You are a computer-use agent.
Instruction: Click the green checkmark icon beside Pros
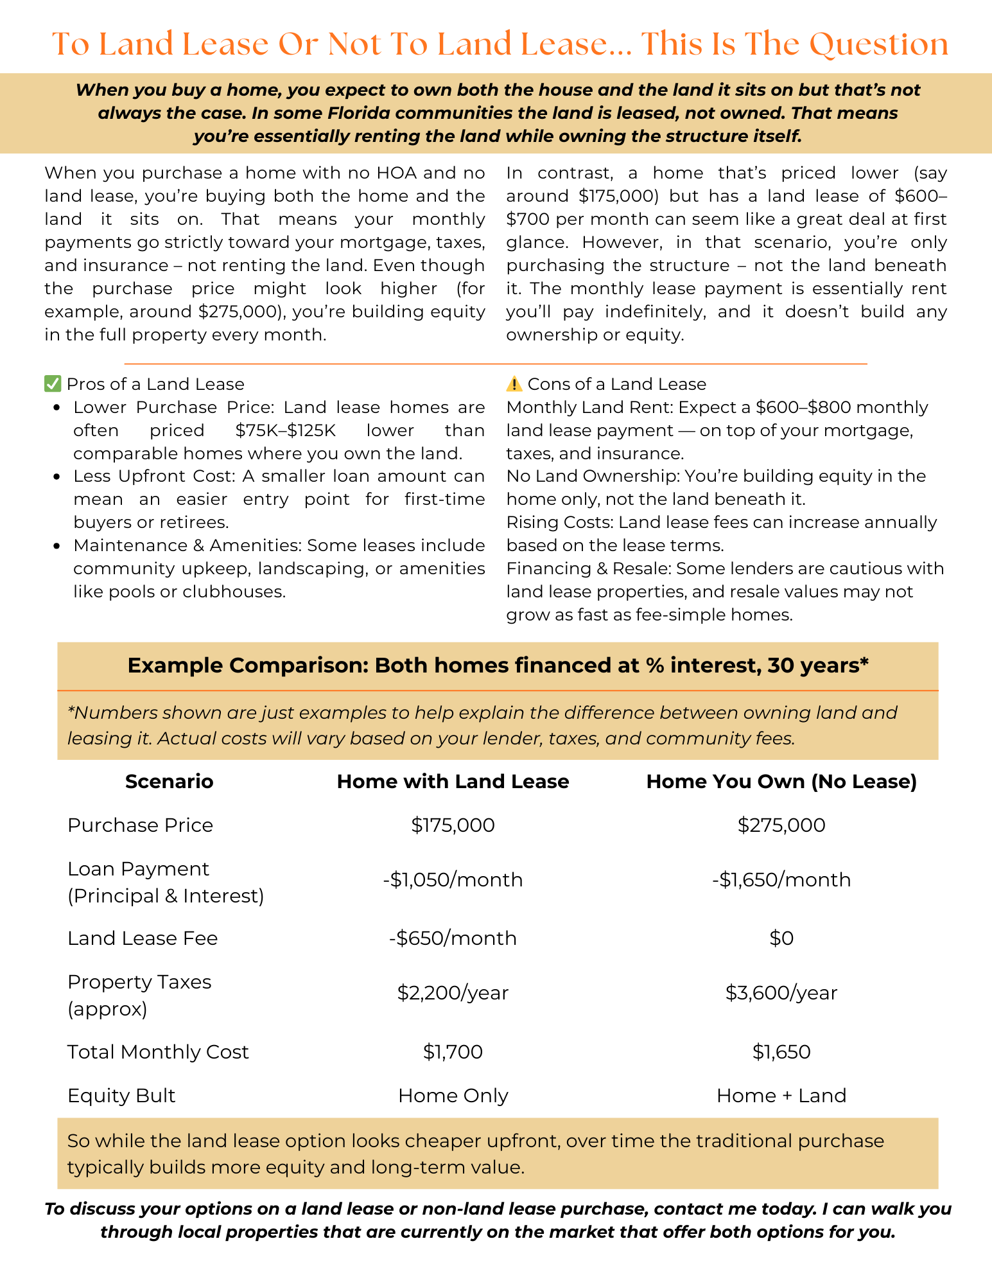click(52, 384)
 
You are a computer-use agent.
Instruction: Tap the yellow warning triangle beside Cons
click(514, 384)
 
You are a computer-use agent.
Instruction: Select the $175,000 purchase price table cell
click(453, 825)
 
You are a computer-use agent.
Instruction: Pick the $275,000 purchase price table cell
click(781, 825)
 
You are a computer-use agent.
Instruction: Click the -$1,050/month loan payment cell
click(453, 879)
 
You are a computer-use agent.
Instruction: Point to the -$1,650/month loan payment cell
click(781, 879)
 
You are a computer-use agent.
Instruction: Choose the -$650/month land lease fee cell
click(453, 938)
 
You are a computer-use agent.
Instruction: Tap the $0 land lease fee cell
click(781, 938)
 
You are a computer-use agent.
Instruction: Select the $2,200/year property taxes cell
click(453, 993)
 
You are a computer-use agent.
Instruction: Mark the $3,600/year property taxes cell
click(781, 993)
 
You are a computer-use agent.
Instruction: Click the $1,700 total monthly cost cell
click(453, 1051)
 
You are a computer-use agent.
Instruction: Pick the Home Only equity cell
click(453, 1095)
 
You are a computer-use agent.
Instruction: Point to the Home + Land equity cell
click(781, 1095)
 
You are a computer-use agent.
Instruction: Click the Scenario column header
click(169, 781)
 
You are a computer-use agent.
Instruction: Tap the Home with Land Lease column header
click(453, 781)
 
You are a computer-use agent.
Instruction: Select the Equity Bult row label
click(121, 1095)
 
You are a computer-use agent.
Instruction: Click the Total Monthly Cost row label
click(158, 1051)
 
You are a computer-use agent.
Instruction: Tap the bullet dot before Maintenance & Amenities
click(58, 546)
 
